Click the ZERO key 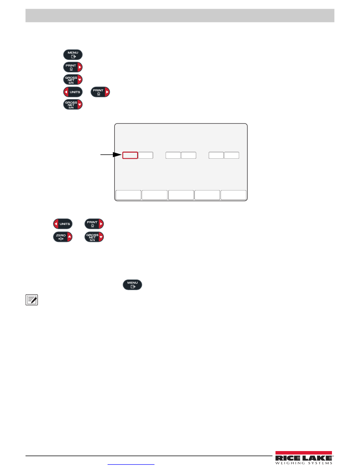click(61, 237)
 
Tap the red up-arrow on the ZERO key click(70, 237)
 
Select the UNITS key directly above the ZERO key click(63, 224)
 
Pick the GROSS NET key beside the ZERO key click(94, 237)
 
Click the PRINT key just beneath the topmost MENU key click(73, 67)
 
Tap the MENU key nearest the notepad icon click(132, 285)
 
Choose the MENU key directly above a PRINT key click(73, 54)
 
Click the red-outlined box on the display click(130, 155)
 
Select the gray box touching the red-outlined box click(146, 155)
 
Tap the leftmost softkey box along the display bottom click(128, 195)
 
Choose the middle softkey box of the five click(181, 195)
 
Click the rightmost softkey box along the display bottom click(233, 195)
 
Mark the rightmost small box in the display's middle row click(232, 155)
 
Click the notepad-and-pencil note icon click(33, 301)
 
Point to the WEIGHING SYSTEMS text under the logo click(304, 463)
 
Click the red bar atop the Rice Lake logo click(304, 453)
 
